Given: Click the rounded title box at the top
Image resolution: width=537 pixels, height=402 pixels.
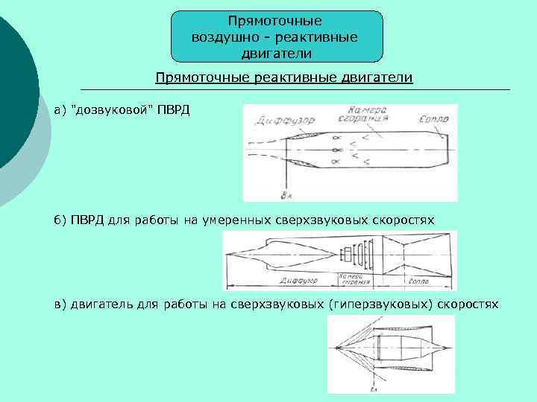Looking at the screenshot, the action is [276, 36].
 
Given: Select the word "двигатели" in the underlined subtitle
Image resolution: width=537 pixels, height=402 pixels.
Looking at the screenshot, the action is [380, 77].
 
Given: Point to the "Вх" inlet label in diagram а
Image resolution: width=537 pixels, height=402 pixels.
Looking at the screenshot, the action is [286, 194].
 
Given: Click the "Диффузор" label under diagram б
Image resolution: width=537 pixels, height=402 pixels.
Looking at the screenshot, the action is [298, 281].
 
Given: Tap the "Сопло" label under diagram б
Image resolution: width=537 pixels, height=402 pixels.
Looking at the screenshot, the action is [418, 281].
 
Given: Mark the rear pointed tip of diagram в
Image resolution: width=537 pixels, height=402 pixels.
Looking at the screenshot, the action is [452, 347].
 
